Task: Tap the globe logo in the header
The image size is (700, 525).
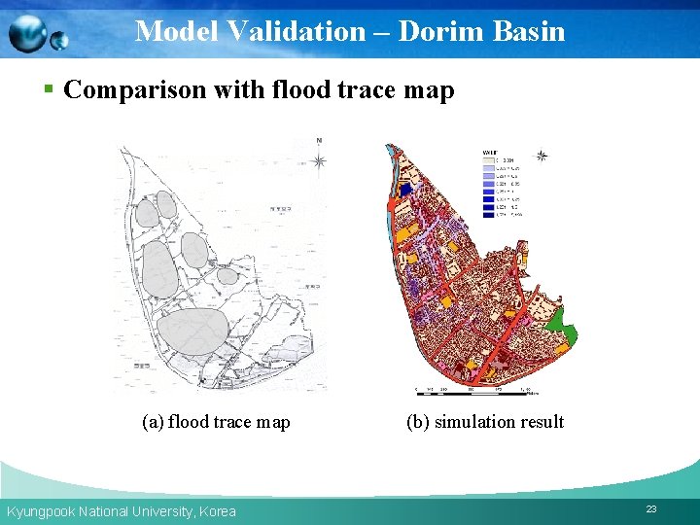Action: (x=37, y=34)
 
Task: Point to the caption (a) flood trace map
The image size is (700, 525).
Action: (x=216, y=421)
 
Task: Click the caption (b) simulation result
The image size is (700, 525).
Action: (x=485, y=421)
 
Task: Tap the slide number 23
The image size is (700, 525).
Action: (x=650, y=508)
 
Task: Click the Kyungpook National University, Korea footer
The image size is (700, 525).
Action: (x=122, y=511)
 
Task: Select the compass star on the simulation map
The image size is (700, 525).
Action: (x=542, y=156)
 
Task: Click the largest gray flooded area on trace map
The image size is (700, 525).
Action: (x=192, y=332)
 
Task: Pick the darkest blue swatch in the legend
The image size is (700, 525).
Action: (x=488, y=214)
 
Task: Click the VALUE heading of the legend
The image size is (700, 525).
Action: (x=491, y=152)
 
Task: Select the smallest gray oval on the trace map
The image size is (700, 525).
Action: (x=227, y=276)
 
